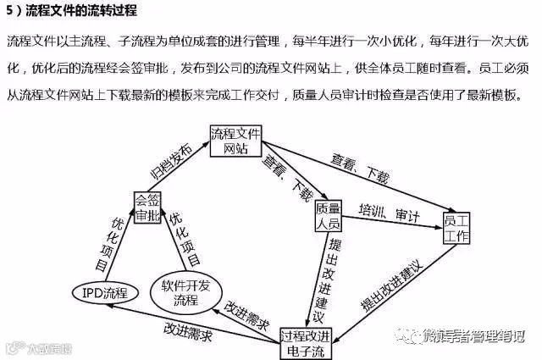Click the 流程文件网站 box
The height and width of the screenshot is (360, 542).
(x=236, y=141)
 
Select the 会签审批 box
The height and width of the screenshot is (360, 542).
(x=147, y=208)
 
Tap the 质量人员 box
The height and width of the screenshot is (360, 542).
(x=328, y=216)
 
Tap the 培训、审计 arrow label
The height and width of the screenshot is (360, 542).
(x=389, y=212)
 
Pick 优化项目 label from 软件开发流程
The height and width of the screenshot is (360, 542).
(x=185, y=239)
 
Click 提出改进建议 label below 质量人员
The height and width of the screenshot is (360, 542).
(x=322, y=279)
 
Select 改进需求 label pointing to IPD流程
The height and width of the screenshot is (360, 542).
(x=187, y=329)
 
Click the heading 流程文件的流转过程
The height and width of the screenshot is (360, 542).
(x=80, y=11)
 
